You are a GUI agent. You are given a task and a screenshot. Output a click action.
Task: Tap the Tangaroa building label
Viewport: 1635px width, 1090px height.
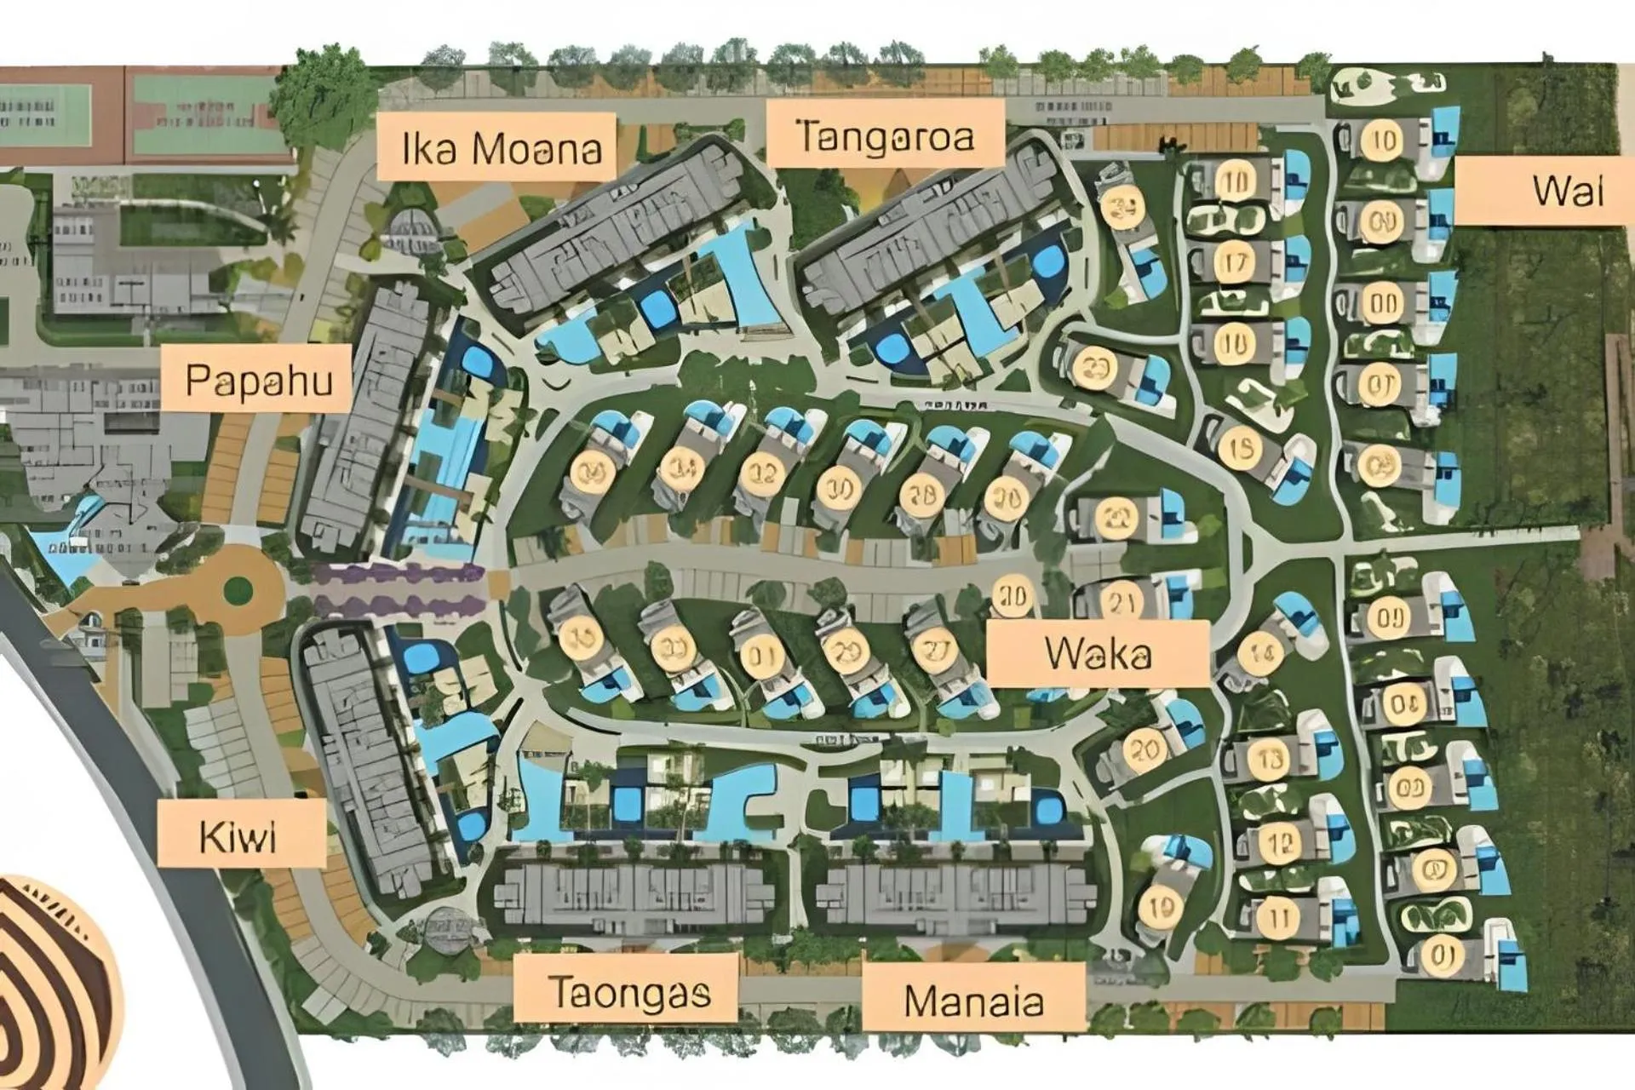[x=886, y=135]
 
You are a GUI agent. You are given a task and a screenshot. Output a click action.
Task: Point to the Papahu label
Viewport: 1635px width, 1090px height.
[x=258, y=379]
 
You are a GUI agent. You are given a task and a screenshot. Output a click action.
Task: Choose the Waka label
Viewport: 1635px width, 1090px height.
[x=1099, y=653]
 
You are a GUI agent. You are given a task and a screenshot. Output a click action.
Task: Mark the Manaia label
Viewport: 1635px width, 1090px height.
[x=973, y=1000]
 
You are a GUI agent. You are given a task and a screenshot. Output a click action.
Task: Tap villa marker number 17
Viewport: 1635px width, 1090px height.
[x=1234, y=263]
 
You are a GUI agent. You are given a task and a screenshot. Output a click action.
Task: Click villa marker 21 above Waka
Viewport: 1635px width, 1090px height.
[x=1121, y=601]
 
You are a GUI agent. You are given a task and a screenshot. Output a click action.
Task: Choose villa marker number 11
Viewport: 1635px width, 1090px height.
[x=1277, y=918]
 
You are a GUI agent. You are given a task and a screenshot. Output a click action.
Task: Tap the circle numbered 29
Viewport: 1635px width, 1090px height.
[x=846, y=652]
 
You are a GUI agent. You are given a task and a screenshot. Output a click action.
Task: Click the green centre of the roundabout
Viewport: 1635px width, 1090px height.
[x=239, y=588]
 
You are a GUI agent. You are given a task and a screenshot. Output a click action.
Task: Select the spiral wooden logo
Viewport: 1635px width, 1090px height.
[x=51, y=979]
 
